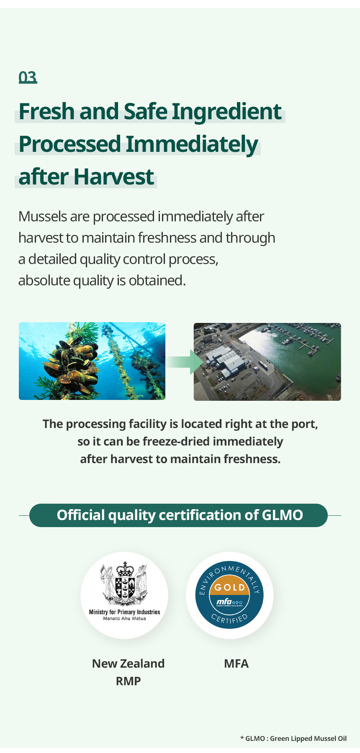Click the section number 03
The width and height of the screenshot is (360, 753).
28,77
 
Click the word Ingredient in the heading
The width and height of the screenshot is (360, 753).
226,112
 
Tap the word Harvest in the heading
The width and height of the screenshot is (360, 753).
114,177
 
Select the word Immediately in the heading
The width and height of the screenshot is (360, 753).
192,144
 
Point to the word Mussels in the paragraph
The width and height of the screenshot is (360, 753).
43,216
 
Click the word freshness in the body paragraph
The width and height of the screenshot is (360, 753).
167,238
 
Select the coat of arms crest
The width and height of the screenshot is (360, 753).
124,584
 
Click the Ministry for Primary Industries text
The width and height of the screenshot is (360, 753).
124,612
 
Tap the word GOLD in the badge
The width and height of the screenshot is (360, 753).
229,587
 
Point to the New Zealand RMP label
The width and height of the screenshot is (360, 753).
128,672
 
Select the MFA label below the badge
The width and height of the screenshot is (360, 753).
237,663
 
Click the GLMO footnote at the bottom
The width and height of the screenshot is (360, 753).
293,738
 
